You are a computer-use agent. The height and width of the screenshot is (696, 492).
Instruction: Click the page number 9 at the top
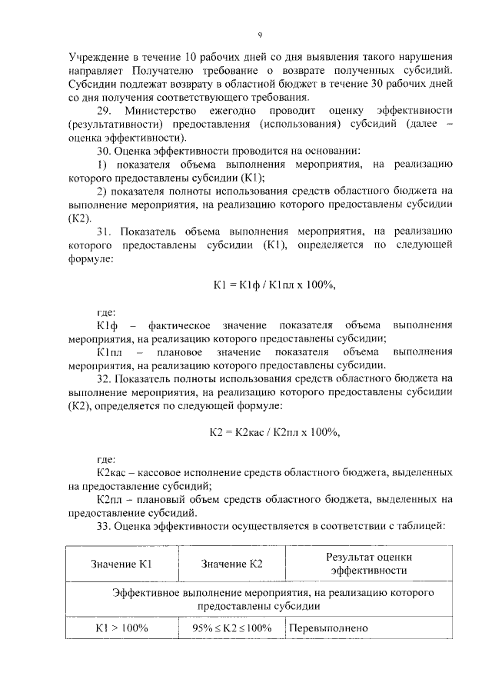(x=260, y=35)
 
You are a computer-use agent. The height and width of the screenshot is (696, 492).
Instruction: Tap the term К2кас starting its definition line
(x=113, y=471)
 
